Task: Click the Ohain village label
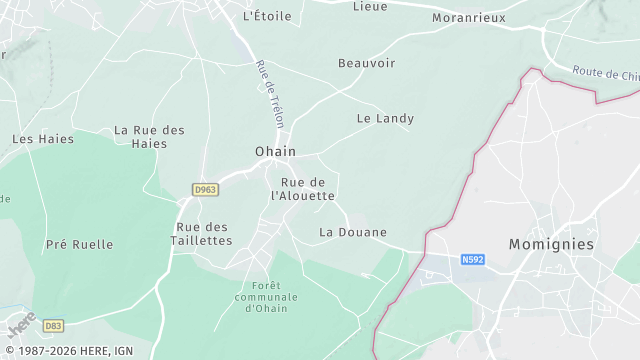click(x=275, y=151)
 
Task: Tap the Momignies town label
click(x=551, y=244)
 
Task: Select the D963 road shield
click(x=205, y=189)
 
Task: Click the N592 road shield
click(x=473, y=260)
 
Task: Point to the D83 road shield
click(x=53, y=325)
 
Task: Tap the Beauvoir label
click(x=366, y=63)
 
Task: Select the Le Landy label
click(x=385, y=118)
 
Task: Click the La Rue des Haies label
click(x=149, y=136)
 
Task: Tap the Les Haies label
click(x=43, y=139)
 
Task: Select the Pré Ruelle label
click(x=79, y=244)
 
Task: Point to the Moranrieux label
click(x=468, y=18)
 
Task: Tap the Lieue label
click(x=370, y=6)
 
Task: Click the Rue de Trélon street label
click(x=271, y=94)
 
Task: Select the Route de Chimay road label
click(x=606, y=72)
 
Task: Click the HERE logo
click(x=22, y=326)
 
